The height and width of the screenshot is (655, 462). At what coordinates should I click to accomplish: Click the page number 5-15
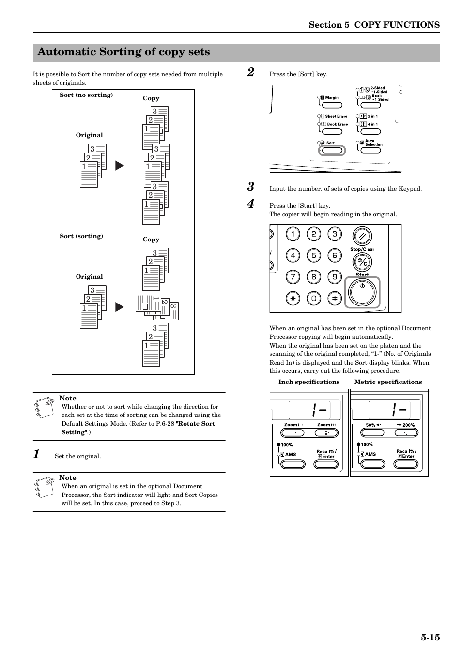tap(430, 637)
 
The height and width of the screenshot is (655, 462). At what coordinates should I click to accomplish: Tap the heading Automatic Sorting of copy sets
tap(123, 52)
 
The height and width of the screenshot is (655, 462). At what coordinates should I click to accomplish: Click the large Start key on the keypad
tap(362, 292)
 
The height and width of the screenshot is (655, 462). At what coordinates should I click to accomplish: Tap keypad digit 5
tap(313, 256)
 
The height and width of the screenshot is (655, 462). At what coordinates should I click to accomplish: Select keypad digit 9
tap(335, 277)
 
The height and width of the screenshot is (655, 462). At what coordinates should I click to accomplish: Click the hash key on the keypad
tap(335, 298)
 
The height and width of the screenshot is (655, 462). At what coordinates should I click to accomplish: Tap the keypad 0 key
tap(313, 298)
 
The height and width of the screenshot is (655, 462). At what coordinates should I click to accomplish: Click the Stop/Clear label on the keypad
tap(362, 249)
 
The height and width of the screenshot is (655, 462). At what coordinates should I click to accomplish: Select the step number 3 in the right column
tap(250, 187)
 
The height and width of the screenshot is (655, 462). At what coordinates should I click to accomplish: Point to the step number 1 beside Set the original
tap(36, 454)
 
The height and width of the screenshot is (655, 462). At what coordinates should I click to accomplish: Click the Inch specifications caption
tap(309, 382)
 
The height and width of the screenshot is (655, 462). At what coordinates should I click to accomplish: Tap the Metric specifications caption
tap(388, 382)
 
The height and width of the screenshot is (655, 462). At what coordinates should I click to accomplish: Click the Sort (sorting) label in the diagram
tap(81, 236)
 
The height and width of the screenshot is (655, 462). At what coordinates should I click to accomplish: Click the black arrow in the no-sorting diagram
tap(119, 166)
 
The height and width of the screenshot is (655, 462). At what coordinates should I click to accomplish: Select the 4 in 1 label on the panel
tap(372, 124)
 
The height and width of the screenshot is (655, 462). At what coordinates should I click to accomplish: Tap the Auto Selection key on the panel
tap(370, 150)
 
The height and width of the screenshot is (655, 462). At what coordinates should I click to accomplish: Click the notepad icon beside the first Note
tap(45, 407)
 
